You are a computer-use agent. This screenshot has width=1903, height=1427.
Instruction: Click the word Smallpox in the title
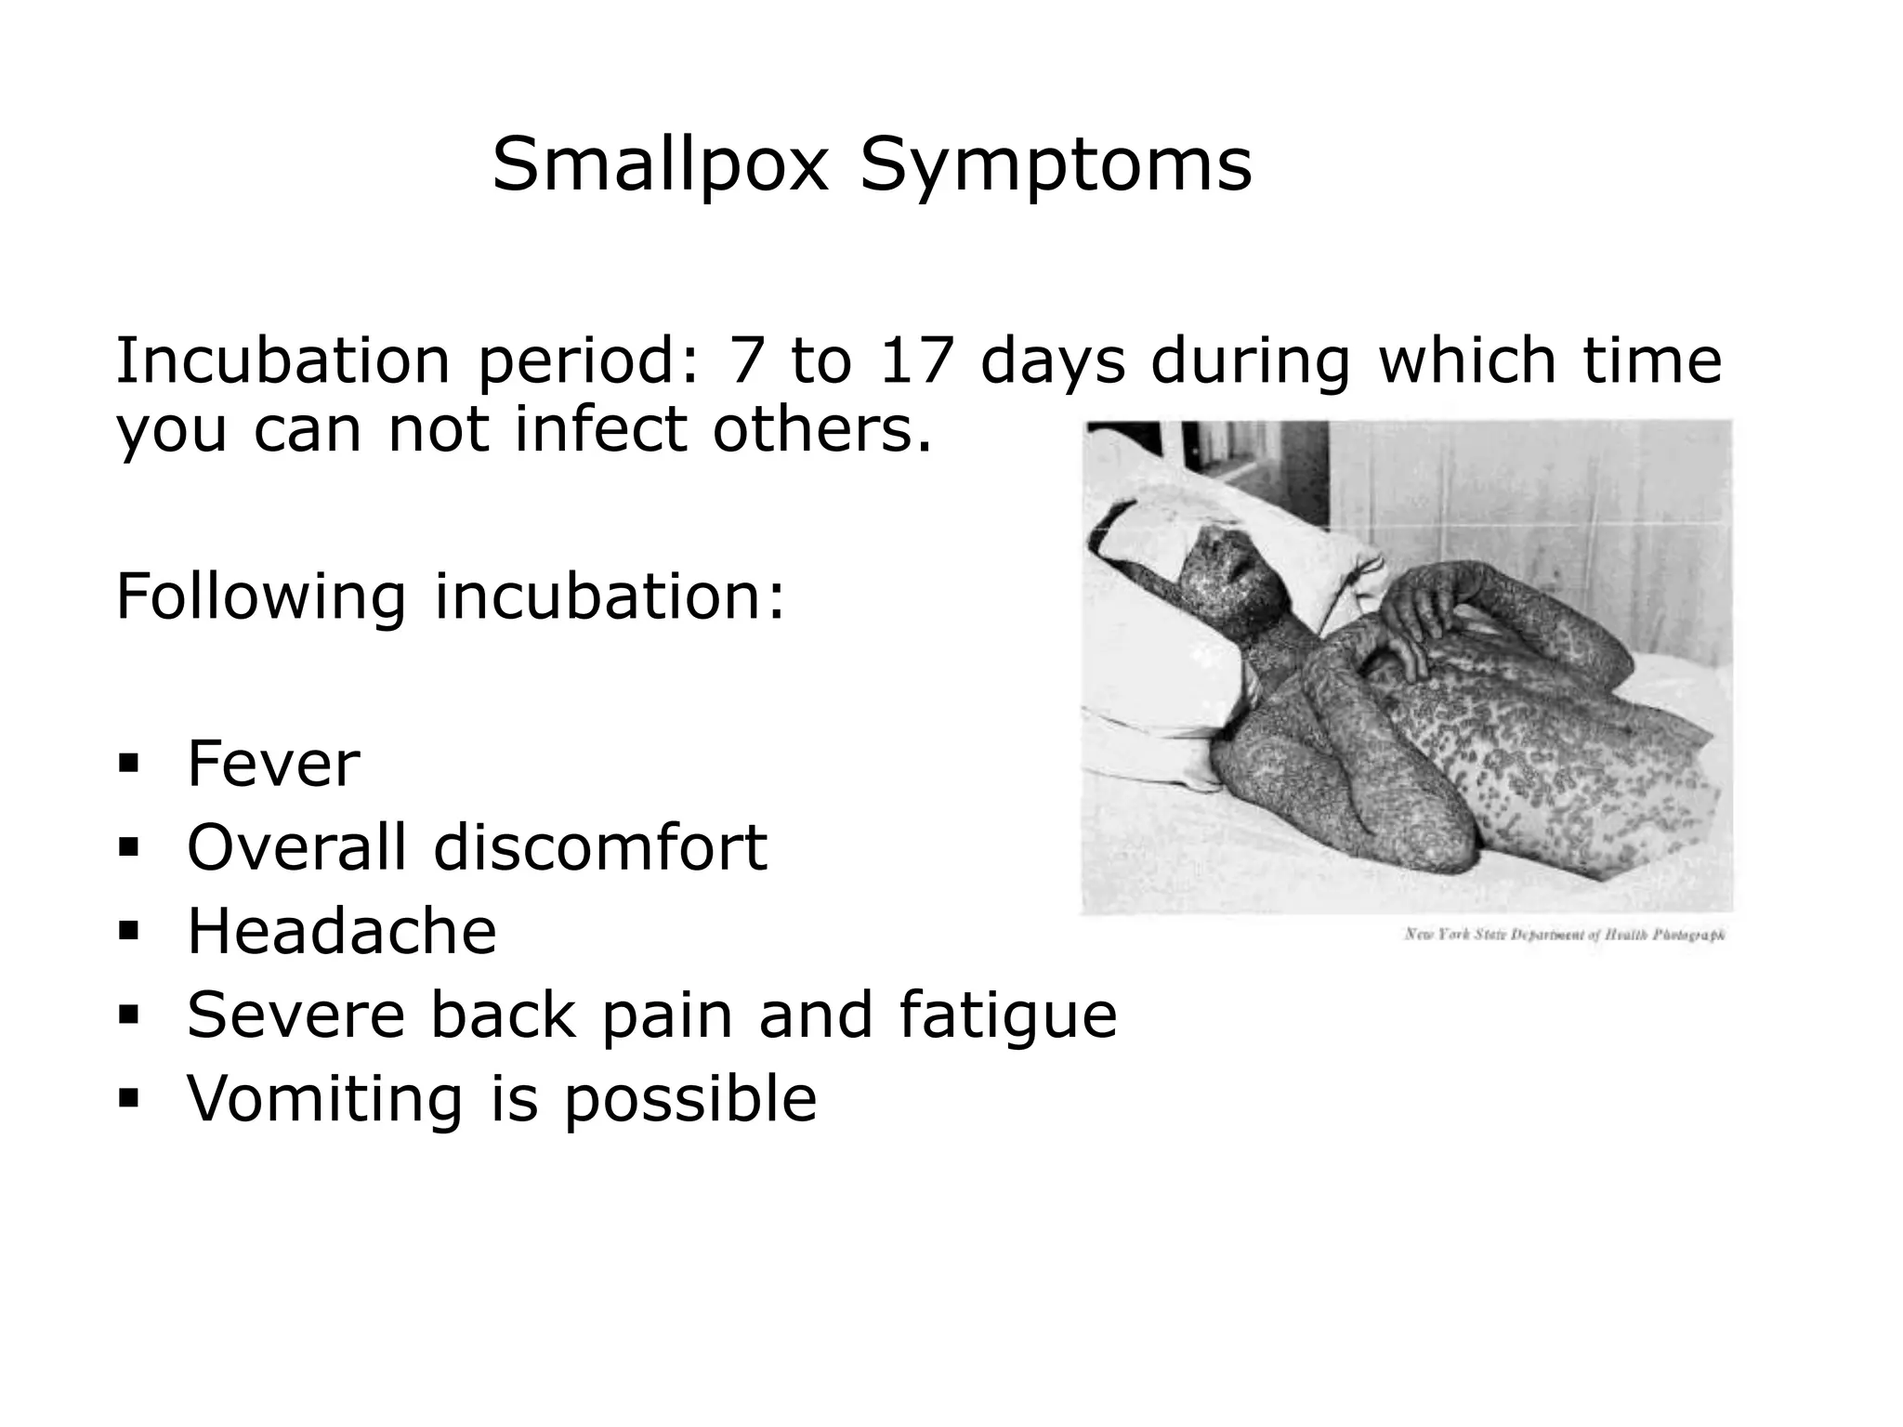(x=659, y=165)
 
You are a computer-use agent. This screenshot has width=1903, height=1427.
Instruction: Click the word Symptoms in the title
(x=1056, y=165)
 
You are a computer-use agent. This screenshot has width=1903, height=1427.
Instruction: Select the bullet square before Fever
(x=127, y=765)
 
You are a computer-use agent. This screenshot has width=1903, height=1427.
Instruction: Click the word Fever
(x=273, y=764)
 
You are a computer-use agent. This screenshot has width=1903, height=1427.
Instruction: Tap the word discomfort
(x=600, y=847)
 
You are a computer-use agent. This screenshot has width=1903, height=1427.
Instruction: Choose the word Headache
(x=342, y=931)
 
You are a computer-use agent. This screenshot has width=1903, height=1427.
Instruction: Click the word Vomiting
(x=324, y=1098)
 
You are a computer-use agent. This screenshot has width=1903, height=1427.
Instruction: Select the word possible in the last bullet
(x=690, y=1098)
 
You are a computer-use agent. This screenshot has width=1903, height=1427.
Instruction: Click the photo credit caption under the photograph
(x=1564, y=935)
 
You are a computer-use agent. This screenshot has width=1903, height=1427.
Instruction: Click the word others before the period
(x=821, y=430)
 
